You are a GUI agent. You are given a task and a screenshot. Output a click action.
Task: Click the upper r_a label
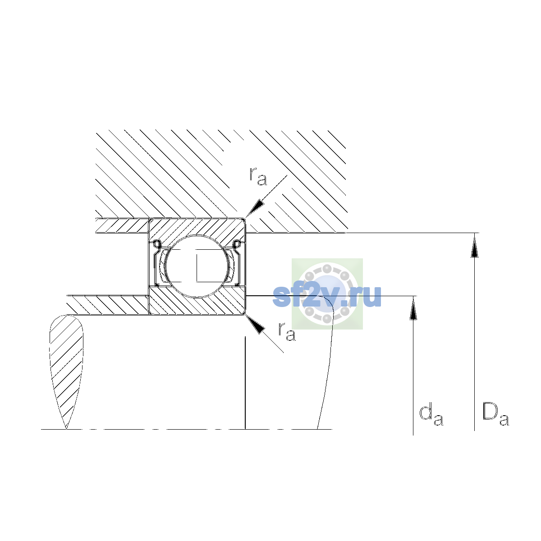tap(258, 176)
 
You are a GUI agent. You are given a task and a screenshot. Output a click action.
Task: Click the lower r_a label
tap(287, 331)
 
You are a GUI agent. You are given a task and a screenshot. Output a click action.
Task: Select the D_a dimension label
tap(495, 414)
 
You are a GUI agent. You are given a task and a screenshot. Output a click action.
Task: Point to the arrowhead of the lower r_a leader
tap(255, 324)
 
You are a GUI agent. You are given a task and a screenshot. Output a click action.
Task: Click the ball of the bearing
tap(197, 266)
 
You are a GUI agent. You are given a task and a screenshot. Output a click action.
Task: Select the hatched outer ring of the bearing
tap(197, 229)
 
